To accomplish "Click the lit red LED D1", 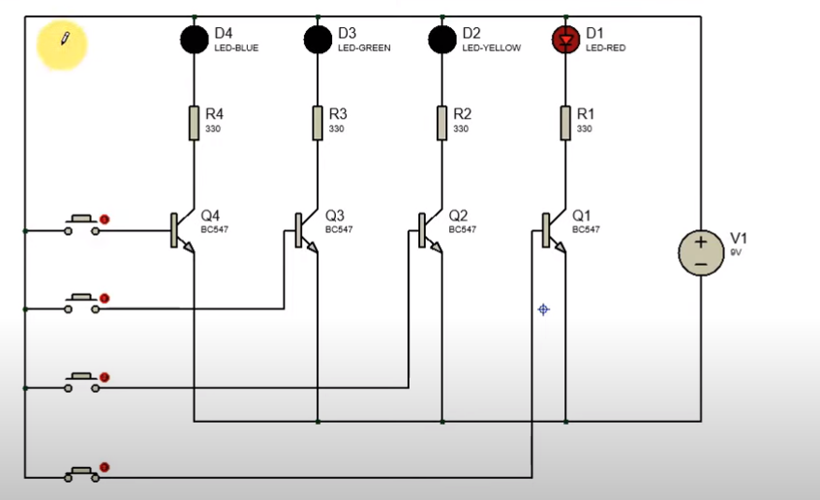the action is tap(565, 40).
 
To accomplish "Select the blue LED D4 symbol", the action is tap(195, 40).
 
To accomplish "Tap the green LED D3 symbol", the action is tap(318, 40).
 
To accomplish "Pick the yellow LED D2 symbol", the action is tap(441, 40).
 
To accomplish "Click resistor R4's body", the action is tap(194, 123).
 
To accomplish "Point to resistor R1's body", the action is tap(565, 123).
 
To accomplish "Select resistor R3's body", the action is tap(318, 123).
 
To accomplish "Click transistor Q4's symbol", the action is tap(182, 230).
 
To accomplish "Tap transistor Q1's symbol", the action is tap(554, 230).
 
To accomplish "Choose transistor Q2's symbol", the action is tap(430, 230).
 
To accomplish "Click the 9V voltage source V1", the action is tap(701, 252).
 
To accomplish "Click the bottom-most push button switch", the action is tap(81, 473).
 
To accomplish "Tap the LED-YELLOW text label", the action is tap(492, 48).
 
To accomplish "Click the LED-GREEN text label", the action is tap(364, 48).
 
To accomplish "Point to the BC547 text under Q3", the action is tap(339, 229).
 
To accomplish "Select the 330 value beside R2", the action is tap(461, 129).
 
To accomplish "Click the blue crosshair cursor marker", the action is tap(543, 309).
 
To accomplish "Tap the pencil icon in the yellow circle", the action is tap(66, 38).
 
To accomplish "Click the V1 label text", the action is tap(739, 238).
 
